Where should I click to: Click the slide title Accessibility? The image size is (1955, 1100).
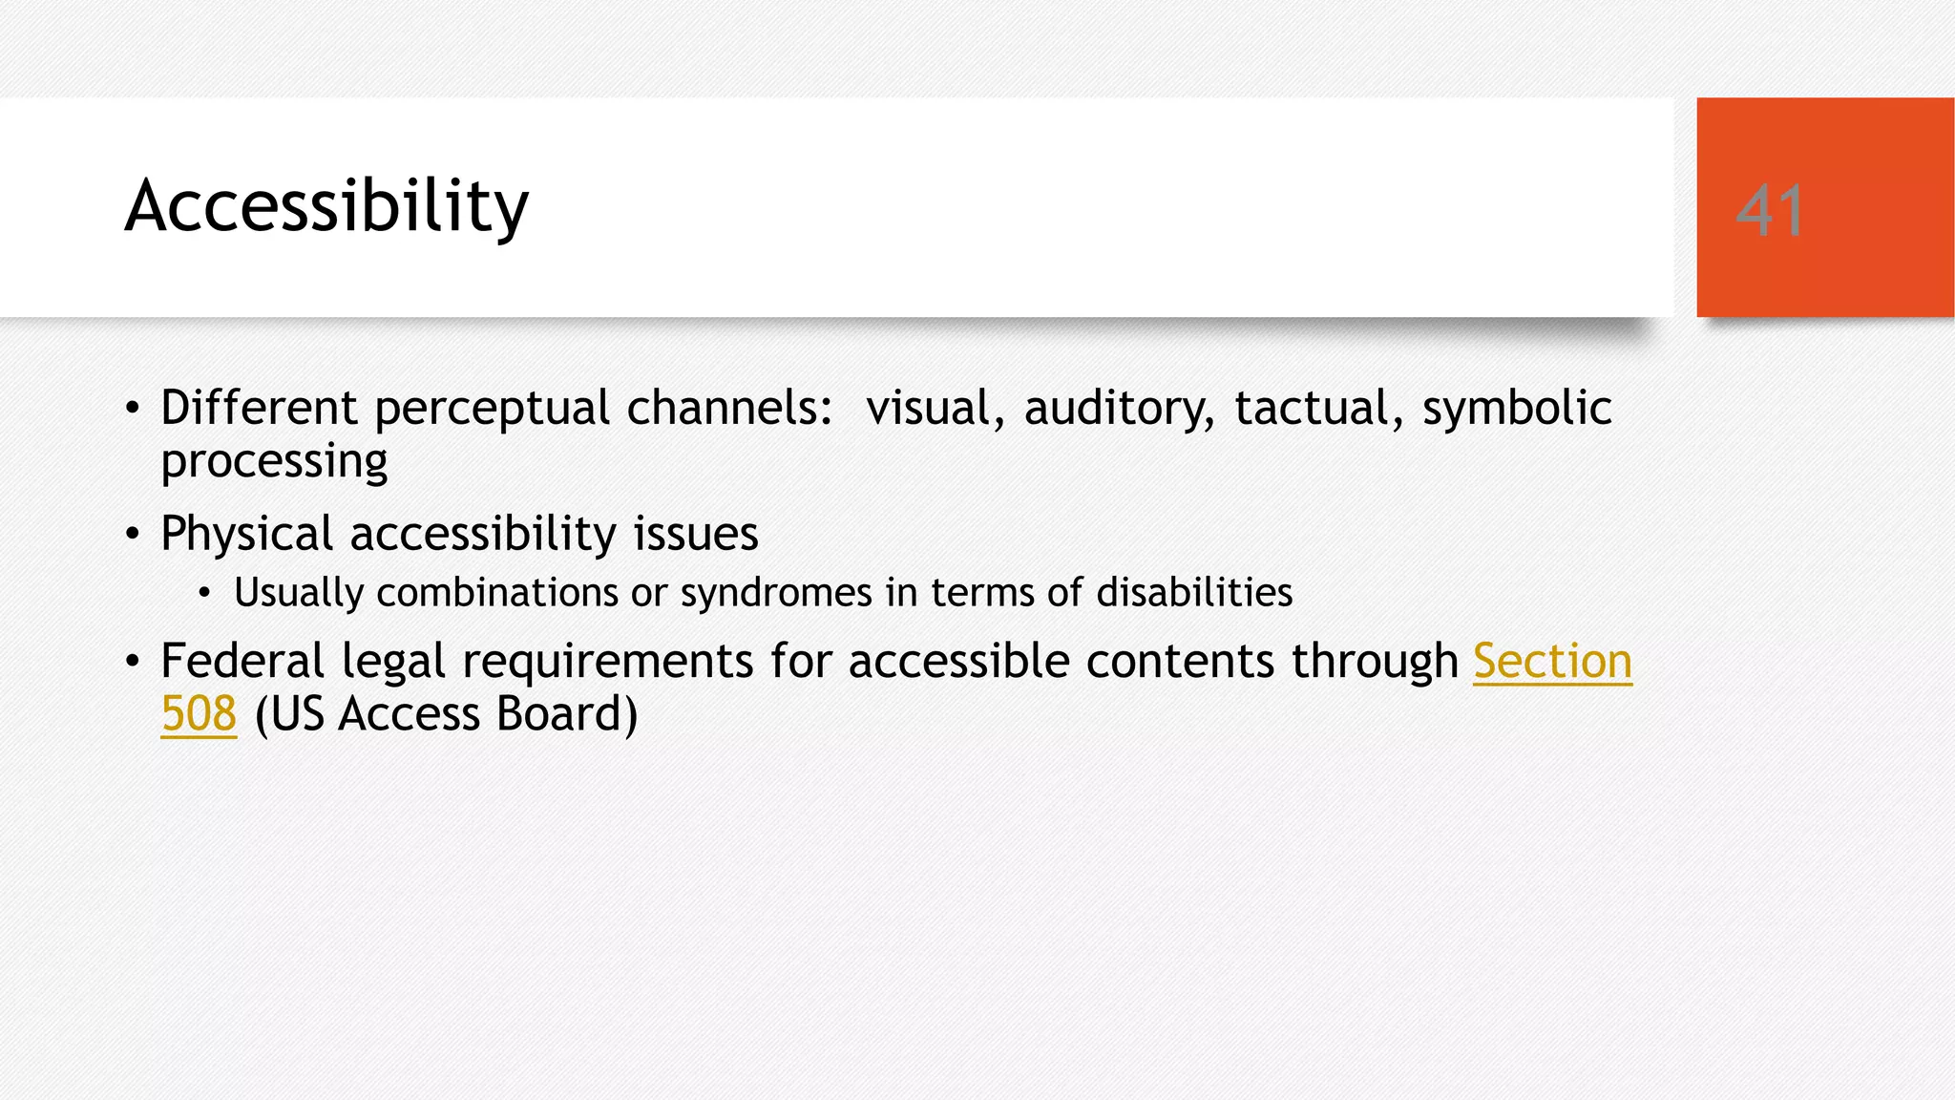pos(326,206)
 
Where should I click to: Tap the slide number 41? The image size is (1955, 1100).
pos(1770,211)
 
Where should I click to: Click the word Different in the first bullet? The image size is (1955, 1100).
pos(259,408)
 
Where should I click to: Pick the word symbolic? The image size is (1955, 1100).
pos(1517,408)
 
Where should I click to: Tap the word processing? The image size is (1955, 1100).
pos(274,462)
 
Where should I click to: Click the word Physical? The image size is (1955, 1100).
pos(246,534)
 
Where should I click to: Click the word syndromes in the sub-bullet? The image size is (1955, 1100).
pos(776,594)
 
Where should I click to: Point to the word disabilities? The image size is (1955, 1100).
pos(1194,593)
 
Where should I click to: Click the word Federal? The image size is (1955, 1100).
pos(242,661)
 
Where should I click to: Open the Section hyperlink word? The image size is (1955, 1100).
pos(1552,662)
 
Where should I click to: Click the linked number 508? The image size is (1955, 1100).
pos(199,714)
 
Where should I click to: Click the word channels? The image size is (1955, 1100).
pos(730,408)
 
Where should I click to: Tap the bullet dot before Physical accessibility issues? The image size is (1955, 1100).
pos(133,535)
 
